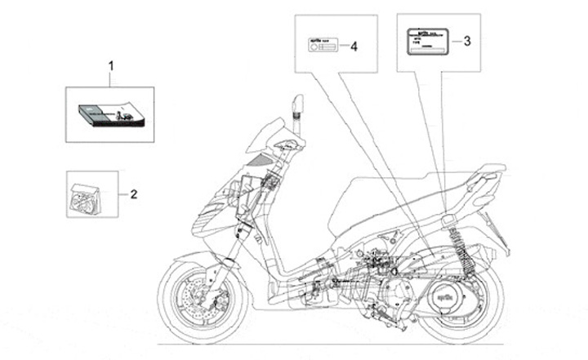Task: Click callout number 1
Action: (111, 64)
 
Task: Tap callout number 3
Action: (466, 39)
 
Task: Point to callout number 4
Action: (354, 47)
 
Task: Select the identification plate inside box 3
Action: (425, 40)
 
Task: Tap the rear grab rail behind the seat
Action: (494, 173)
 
